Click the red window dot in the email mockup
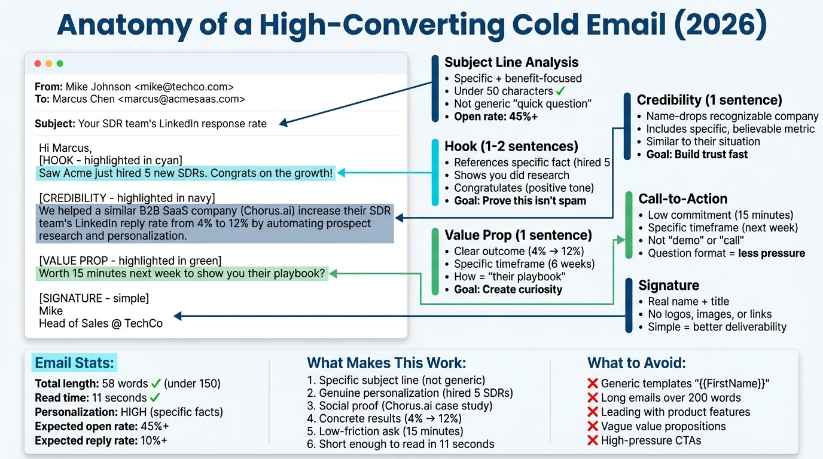click(x=38, y=63)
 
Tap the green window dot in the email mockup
click(x=60, y=63)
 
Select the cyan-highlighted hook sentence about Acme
click(x=185, y=174)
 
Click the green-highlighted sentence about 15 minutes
click(x=181, y=274)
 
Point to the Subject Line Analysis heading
click(x=511, y=62)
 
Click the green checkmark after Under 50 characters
click(x=560, y=91)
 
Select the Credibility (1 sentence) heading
click(x=709, y=100)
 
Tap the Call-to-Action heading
click(x=683, y=199)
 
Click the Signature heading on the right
click(x=669, y=285)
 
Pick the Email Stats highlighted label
click(x=74, y=363)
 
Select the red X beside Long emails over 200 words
click(x=593, y=397)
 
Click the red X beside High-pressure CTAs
click(x=593, y=440)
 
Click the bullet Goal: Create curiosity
click(x=508, y=289)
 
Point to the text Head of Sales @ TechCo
click(x=100, y=323)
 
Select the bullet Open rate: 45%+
click(x=495, y=117)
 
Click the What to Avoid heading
click(x=636, y=363)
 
